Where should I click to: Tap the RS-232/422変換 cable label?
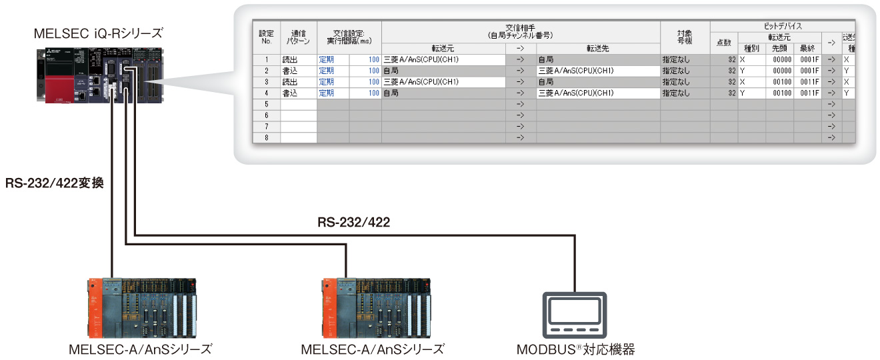pyautogui.click(x=55, y=182)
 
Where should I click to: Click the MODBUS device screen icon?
pyautogui.click(x=575, y=314)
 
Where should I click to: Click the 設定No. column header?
pyautogui.click(x=266, y=37)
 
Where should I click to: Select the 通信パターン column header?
pyautogui.click(x=298, y=37)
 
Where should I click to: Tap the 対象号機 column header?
pyautogui.click(x=685, y=37)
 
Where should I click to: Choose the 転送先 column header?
pyautogui.click(x=597, y=48)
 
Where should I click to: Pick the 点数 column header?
pyautogui.click(x=723, y=43)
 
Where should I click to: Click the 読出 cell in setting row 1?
pyautogui.click(x=291, y=59)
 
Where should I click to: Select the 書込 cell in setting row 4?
pyautogui.click(x=291, y=93)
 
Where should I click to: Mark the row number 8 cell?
pyautogui.click(x=266, y=137)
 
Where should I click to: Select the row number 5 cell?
pyautogui.click(x=266, y=104)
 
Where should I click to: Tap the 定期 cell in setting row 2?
pyautogui.click(x=326, y=71)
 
